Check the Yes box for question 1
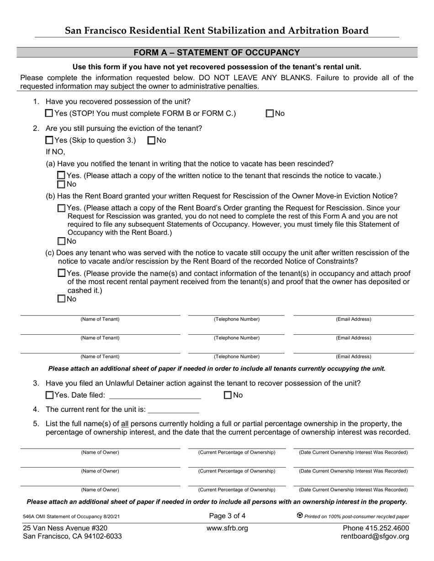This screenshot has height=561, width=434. pyautogui.click(x=49, y=114)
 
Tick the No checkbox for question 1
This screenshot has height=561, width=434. pyautogui.click(x=270, y=114)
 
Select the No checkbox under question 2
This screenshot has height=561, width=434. pyautogui.click(x=152, y=140)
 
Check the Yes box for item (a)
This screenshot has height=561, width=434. pyautogui.click(x=62, y=176)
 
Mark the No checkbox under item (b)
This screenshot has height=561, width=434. pyautogui.click(x=62, y=241)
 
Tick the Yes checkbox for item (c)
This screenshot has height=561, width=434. pyautogui.click(x=62, y=273)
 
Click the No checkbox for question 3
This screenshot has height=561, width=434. pyautogui.click(x=228, y=395)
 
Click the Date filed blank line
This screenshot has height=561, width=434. pyautogui.click(x=155, y=396)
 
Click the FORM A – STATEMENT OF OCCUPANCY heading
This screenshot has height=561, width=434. pyautogui.click(x=217, y=53)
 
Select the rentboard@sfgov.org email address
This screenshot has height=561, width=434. pyautogui.click(x=375, y=536)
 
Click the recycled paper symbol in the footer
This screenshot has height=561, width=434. pyautogui.click(x=300, y=516)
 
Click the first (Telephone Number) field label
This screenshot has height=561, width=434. pyautogui.click(x=237, y=319)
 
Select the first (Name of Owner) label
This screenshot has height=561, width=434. pyautogui.click(x=100, y=452)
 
